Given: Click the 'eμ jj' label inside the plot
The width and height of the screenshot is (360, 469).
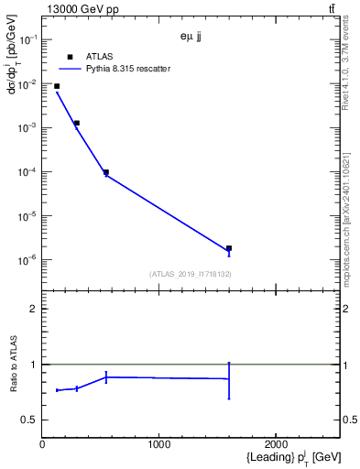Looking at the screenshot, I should tap(191, 38).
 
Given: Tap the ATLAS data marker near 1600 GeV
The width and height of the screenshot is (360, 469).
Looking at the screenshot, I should tap(229, 248).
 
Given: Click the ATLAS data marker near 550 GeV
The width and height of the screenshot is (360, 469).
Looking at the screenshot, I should tap(106, 172).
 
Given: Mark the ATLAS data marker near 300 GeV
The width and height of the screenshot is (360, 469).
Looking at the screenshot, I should tap(77, 123).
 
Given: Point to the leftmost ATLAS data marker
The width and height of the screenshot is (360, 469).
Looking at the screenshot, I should tap(57, 86).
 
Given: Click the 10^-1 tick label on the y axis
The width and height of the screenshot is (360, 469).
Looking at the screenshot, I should tap(28, 40).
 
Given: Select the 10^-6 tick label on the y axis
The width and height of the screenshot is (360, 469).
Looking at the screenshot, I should tap(28, 260).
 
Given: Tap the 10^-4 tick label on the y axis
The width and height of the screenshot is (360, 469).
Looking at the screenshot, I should tap(28, 172).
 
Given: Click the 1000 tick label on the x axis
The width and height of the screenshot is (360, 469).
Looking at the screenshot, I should tap(159, 444).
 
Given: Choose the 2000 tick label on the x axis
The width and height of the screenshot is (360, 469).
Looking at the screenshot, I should tap(277, 444).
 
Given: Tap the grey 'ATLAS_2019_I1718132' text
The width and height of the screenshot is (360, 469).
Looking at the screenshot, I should tap(190, 274).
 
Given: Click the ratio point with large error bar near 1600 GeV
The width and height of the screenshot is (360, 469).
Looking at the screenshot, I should tap(229, 378).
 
